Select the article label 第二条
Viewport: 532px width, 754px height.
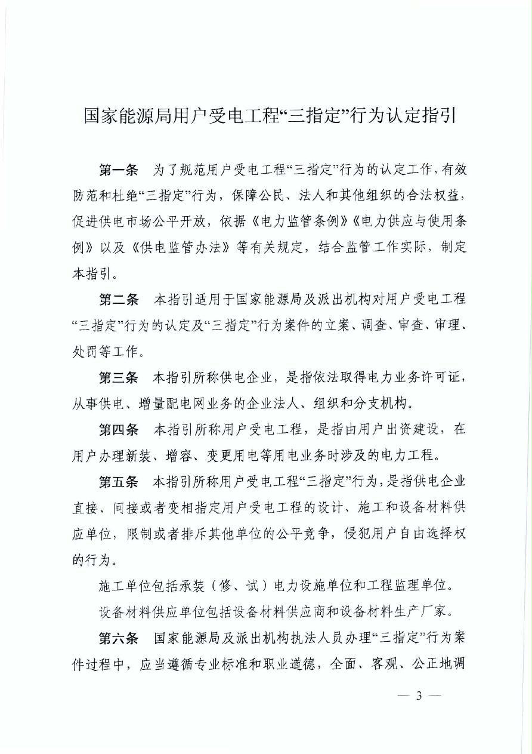click(x=117, y=300)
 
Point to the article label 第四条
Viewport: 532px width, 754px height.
click(x=117, y=429)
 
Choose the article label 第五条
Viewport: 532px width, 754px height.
click(x=117, y=481)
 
